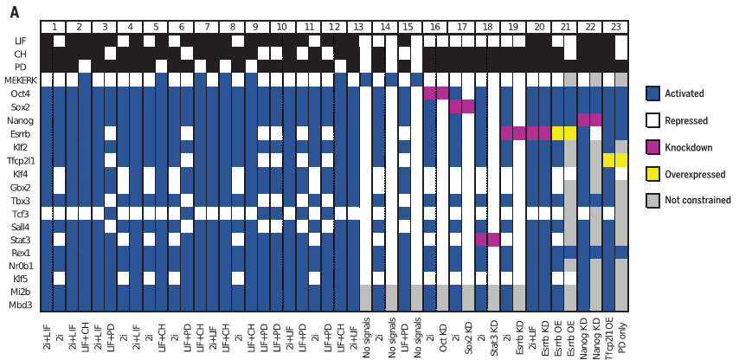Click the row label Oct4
22,93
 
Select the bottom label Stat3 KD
494,331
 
